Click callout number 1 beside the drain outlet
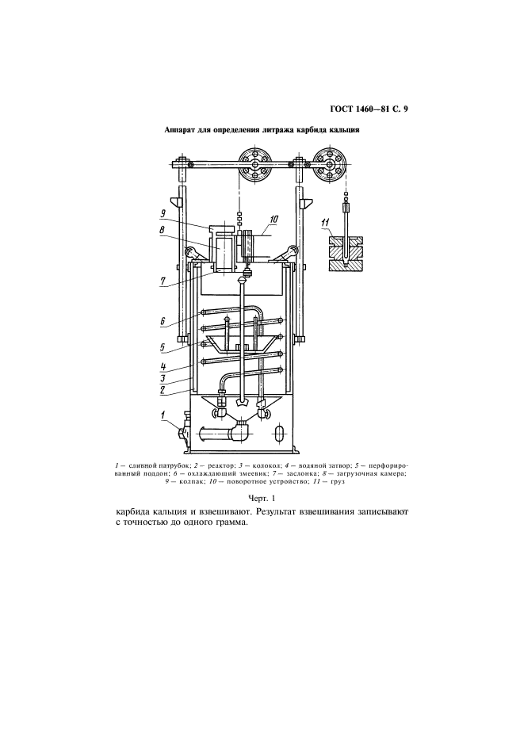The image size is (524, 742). (x=163, y=415)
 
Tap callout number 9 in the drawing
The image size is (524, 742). (x=163, y=214)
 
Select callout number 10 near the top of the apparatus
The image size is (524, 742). (x=274, y=219)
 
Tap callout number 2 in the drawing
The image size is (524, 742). (x=162, y=390)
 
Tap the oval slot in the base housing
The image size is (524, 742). (x=280, y=433)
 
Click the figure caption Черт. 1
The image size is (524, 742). (x=262, y=498)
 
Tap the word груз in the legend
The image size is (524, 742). (x=338, y=482)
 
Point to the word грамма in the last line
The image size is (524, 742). (x=231, y=524)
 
